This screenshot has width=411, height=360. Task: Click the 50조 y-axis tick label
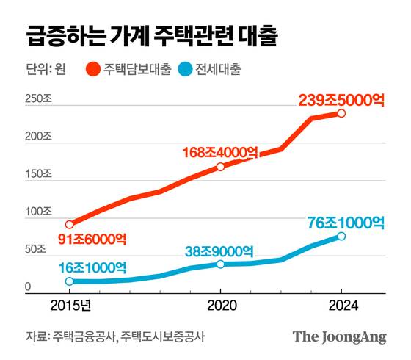(37, 250)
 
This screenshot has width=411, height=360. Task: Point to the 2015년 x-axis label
(70, 305)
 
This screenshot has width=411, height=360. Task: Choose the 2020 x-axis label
(220, 305)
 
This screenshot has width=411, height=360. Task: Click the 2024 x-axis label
(341, 305)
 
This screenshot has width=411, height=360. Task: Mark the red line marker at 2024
(341, 113)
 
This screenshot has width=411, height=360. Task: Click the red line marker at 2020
(220, 167)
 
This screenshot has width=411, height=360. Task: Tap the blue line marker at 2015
(70, 281)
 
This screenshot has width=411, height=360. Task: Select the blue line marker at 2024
(341, 237)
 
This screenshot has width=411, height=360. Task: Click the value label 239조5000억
(341, 98)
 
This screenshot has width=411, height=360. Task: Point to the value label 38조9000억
(220, 250)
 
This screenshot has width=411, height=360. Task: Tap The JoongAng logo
(338, 336)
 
